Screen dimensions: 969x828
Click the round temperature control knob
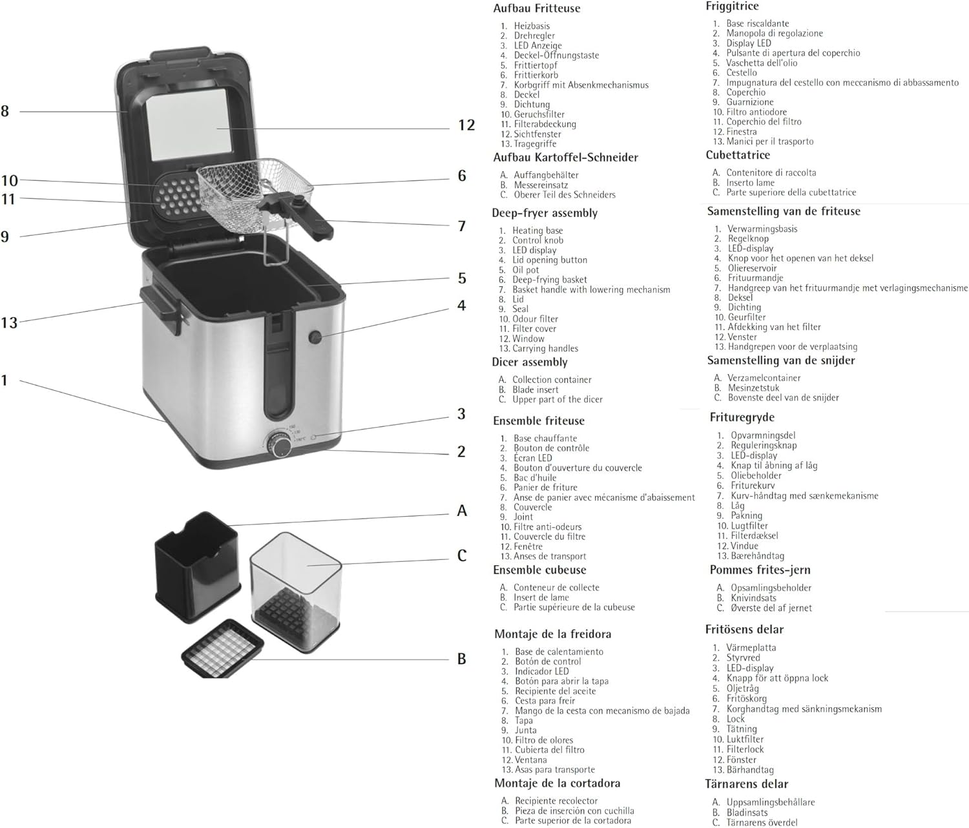[280, 445]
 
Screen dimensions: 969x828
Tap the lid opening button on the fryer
[315, 337]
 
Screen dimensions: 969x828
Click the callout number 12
[466, 125]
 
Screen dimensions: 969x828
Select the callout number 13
[10, 322]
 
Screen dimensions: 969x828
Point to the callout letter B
[462, 659]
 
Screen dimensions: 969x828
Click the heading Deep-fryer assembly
[545, 213]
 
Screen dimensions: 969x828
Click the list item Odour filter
[535, 319]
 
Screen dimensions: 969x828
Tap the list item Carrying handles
[545, 349]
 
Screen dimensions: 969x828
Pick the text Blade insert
[536, 390]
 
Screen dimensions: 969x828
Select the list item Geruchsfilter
[539, 114]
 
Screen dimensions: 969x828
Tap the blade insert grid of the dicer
[223, 648]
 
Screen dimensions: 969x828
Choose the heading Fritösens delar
[744, 629]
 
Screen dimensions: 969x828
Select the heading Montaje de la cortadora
[557, 783]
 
